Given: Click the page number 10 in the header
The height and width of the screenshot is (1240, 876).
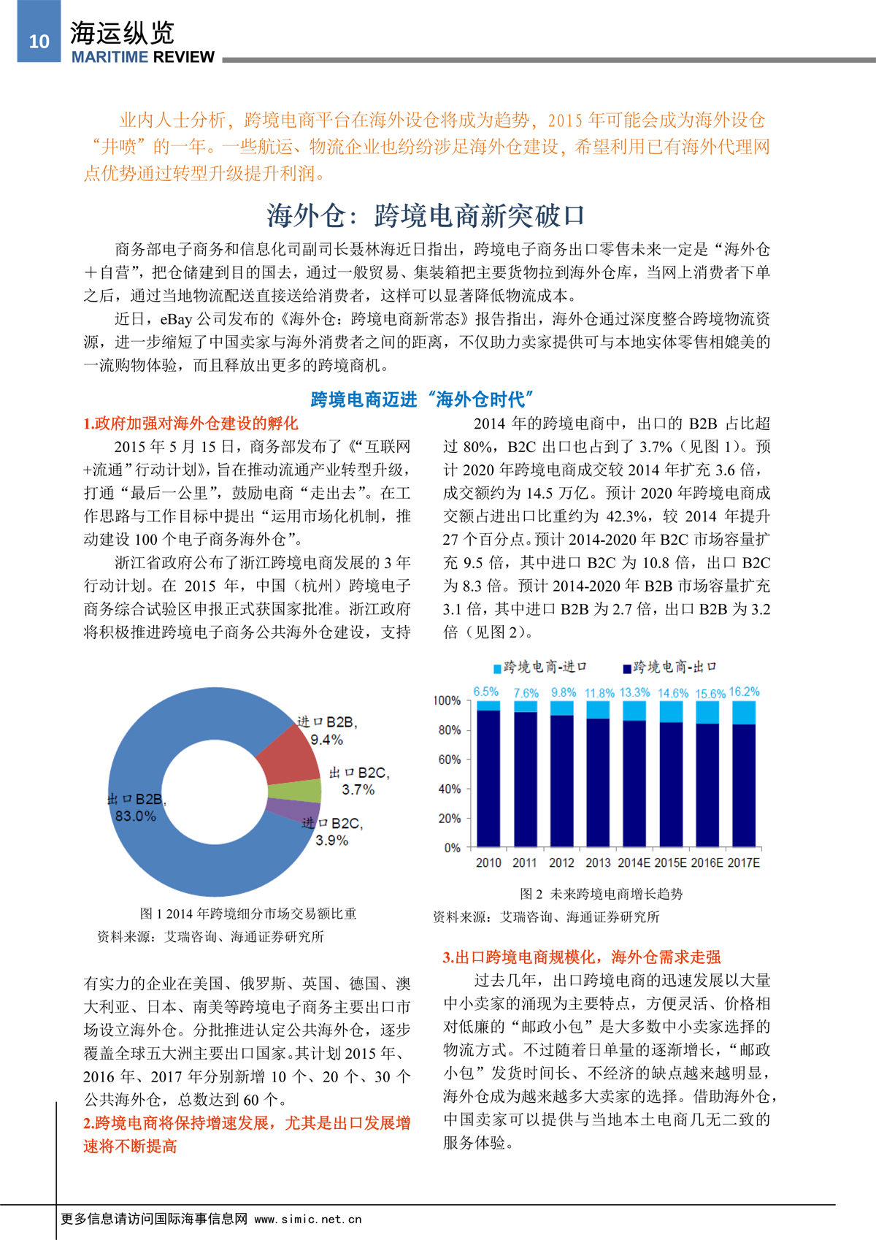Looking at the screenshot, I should [39, 42].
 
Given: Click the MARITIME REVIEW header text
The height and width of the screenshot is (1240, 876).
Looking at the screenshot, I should [143, 57].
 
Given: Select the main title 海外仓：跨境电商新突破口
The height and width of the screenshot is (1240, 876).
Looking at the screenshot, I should [426, 215].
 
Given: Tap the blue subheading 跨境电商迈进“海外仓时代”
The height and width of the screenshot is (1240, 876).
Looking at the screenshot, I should [422, 399].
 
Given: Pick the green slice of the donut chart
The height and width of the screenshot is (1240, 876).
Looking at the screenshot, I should [296, 791].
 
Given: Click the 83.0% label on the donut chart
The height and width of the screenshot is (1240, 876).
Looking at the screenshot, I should [136, 816].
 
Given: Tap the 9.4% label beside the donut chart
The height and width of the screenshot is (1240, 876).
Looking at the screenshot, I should [326, 740].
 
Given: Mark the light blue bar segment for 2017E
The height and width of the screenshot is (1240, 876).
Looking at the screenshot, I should [744, 713].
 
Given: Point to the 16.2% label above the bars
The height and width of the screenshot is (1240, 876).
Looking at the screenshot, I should [744, 692].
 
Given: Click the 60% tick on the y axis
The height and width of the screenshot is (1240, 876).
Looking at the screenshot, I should [449, 759].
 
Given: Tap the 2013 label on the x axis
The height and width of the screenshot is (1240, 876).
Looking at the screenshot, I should [598, 862].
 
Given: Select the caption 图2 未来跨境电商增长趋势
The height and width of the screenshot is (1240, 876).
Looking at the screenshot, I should [601, 894].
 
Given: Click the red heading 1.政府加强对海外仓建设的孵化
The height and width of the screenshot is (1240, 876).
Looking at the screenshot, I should [191, 424].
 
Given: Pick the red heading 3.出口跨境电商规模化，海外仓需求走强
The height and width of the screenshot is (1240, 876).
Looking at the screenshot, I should [582, 957].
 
